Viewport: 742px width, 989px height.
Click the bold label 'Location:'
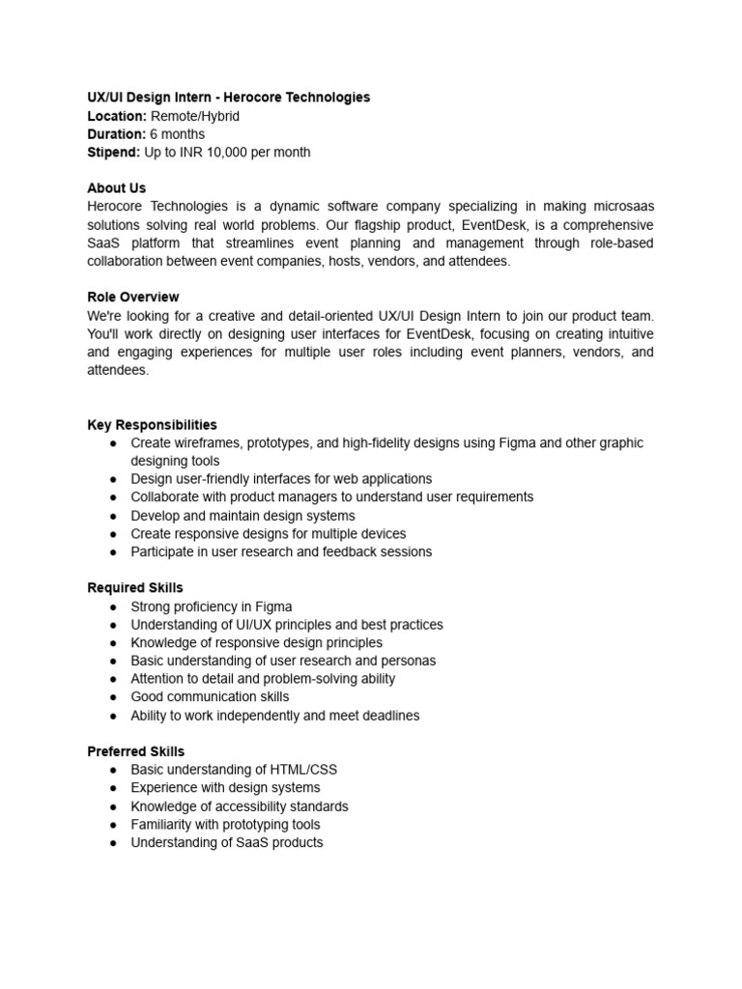pos(117,116)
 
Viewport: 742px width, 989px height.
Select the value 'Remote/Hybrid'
pos(195,116)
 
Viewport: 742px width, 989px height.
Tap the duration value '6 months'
pos(177,134)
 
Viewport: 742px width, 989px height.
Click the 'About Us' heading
pos(117,188)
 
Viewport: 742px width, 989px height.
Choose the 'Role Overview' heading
pos(133,297)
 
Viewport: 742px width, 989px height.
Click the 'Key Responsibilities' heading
pos(152,425)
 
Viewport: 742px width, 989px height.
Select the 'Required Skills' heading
pos(135,588)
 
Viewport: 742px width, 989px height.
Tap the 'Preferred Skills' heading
pos(136,751)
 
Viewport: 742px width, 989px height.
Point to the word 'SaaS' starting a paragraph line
pos(103,243)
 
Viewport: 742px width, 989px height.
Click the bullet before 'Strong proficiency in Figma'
pos(113,607)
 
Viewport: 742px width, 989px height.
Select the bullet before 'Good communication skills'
pos(113,697)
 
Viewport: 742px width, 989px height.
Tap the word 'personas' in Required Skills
pos(408,661)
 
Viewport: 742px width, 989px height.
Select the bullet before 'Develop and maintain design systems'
pos(113,516)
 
